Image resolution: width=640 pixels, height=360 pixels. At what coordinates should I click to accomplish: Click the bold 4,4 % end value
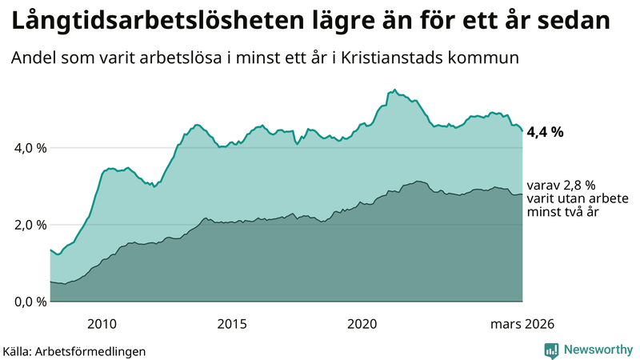click(x=546, y=132)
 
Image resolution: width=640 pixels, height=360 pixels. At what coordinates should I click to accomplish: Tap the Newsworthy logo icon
click(x=551, y=350)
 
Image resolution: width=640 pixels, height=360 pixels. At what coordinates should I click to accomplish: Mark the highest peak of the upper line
click(x=394, y=90)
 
